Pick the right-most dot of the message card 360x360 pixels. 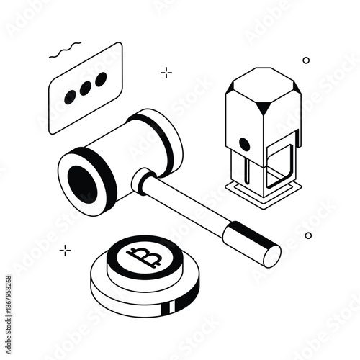[x=102, y=78]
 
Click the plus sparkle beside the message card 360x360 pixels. [x=166, y=72]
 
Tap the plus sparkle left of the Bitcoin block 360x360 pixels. [x=66, y=250]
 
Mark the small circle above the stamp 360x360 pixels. [x=306, y=60]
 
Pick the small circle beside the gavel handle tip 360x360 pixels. [x=308, y=235]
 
